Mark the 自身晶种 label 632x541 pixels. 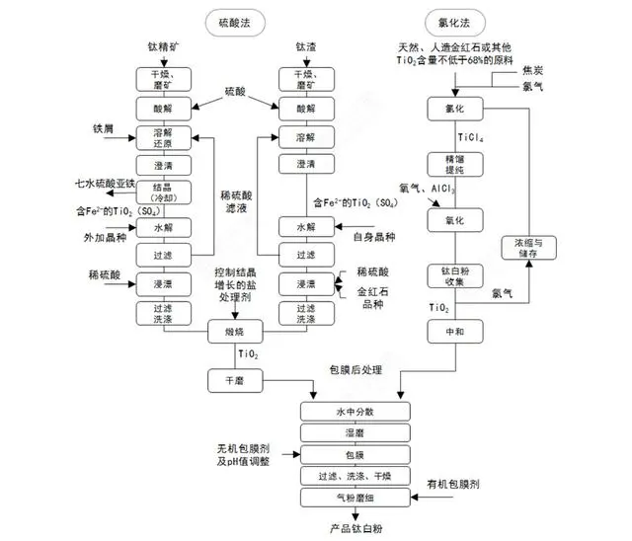[x=374, y=237]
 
